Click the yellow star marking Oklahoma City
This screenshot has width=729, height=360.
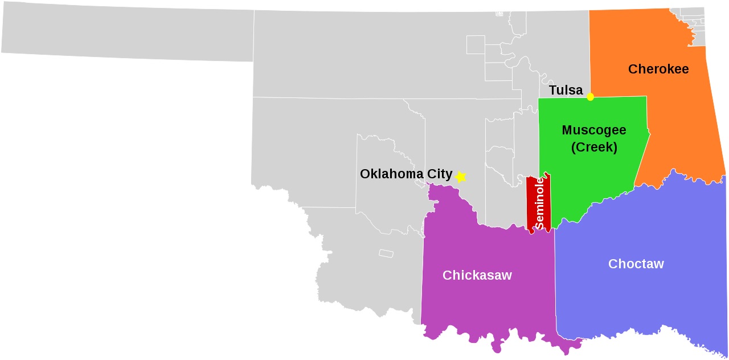tap(460, 177)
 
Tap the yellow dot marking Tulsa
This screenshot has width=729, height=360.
tap(590, 97)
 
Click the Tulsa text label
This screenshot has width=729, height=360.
tap(566, 91)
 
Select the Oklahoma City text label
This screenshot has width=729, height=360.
tap(406, 174)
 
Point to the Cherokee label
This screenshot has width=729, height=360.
tap(658, 69)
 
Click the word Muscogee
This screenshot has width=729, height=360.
tap(593, 130)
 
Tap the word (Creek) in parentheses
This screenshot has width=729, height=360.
tap(594, 147)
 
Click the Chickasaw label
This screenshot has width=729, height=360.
tap(477, 276)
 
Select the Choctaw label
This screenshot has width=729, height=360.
tap(636, 264)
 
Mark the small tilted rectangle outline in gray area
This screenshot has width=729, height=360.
tap(387, 253)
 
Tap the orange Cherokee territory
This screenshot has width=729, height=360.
tap(678, 125)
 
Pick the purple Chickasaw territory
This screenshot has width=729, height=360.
tap(484, 308)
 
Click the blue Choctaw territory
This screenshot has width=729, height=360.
tap(638, 302)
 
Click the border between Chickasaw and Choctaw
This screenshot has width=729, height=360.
tap(555, 285)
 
